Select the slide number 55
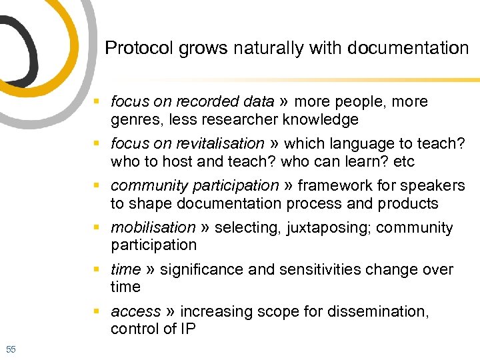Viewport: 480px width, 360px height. (11, 349)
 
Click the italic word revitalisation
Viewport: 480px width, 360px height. (221, 144)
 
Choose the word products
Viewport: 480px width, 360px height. (408, 203)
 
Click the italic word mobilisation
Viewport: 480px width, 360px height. (153, 228)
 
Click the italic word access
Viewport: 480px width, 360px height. (135, 312)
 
